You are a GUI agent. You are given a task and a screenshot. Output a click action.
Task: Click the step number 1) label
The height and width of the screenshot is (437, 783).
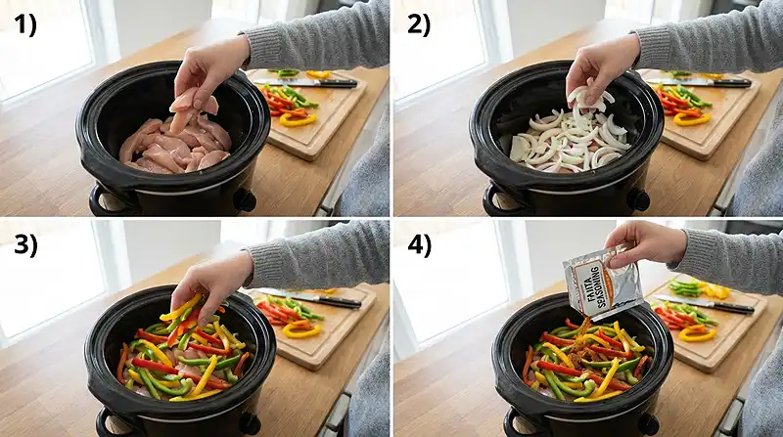coord(24,26)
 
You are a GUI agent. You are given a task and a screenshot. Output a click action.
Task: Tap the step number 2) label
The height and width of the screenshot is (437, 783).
coord(418,26)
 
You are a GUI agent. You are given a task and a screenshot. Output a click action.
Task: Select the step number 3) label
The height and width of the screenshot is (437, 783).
coord(24,245)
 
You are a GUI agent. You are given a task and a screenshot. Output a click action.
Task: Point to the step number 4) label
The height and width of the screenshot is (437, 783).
coord(419,245)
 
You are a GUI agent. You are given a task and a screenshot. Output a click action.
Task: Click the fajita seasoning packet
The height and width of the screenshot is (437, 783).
coord(602,284)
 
